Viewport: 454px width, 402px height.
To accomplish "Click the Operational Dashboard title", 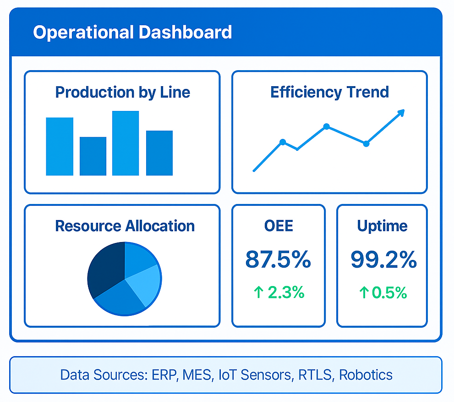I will pyautogui.click(x=132, y=33).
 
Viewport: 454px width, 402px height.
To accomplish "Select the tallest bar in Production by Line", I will pyautogui.click(x=126, y=143).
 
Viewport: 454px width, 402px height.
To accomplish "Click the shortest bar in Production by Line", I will pyautogui.click(x=93, y=156).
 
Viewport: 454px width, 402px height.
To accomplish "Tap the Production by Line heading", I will pyautogui.click(x=122, y=92).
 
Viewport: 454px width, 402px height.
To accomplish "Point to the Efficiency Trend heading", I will pyautogui.click(x=329, y=92).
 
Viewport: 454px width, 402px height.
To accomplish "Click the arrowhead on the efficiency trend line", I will pyautogui.click(x=401, y=113).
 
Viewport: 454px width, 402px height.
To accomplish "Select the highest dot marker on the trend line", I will pyautogui.click(x=326, y=126).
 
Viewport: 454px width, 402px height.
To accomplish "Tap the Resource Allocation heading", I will pyautogui.click(x=125, y=226).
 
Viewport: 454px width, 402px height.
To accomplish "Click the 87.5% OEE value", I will pyautogui.click(x=278, y=259).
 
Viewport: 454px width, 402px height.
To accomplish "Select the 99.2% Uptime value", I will pyautogui.click(x=383, y=259).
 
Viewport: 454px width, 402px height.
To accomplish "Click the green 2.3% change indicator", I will pyautogui.click(x=279, y=292).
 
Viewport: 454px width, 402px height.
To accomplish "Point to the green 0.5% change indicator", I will pyautogui.click(x=383, y=292).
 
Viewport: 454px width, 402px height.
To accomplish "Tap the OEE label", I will pyautogui.click(x=279, y=226).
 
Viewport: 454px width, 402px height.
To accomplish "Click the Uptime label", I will pyautogui.click(x=382, y=226).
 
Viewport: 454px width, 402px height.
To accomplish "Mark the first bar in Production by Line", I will pyautogui.click(x=60, y=146).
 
